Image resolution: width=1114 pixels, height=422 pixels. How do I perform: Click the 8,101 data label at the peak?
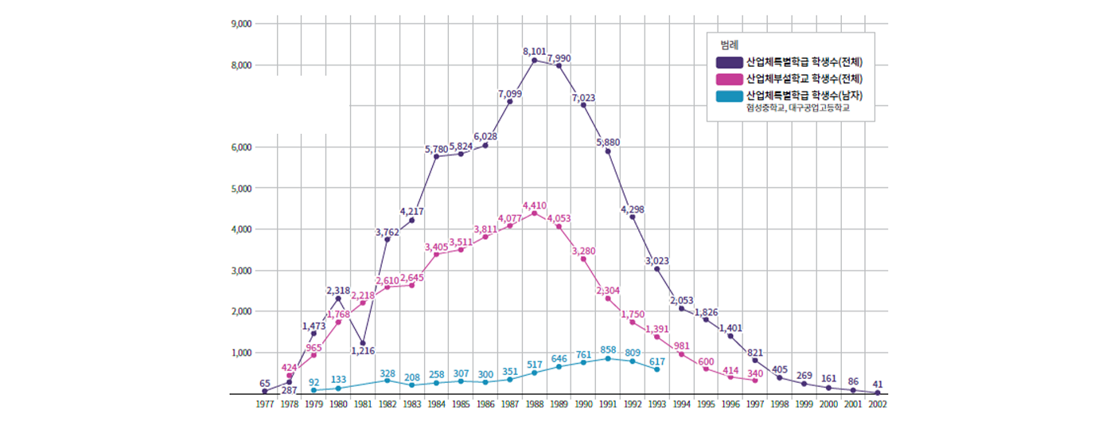pyautogui.click(x=534, y=51)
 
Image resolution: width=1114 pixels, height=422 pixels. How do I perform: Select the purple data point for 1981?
pyautogui.click(x=363, y=343)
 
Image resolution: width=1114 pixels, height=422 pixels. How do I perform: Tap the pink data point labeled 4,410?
pyautogui.click(x=535, y=213)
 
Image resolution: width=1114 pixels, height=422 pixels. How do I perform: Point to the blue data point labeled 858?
pyautogui.click(x=608, y=358)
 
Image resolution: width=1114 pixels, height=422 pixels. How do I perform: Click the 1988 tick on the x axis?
pyautogui.click(x=535, y=404)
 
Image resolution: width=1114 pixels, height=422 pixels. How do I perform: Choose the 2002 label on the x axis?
pyautogui.click(x=877, y=404)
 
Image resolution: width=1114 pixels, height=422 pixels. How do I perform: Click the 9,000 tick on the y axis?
pyautogui.click(x=241, y=24)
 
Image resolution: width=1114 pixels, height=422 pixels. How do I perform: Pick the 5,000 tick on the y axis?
pyautogui.click(x=241, y=189)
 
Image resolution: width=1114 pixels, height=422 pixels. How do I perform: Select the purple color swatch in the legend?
pyautogui.click(x=730, y=62)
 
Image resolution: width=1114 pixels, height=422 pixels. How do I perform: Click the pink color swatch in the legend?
pyautogui.click(x=730, y=79)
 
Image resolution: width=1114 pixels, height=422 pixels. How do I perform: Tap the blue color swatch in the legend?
pyautogui.click(x=730, y=96)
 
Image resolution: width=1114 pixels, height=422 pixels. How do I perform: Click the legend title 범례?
pyautogui.click(x=729, y=45)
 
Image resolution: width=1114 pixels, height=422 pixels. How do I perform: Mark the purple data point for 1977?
pyautogui.click(x=264, y=392)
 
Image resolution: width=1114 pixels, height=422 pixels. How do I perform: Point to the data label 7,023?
pyautogui.click(x=583, y=98)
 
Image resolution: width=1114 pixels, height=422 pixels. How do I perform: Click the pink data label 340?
pyautogui.click(x=755, y=373)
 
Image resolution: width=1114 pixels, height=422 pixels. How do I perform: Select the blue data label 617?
pyautogui.click(x=657, y=361)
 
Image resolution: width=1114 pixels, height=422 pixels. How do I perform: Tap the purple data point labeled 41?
pyautogui.click(x=877, y=393)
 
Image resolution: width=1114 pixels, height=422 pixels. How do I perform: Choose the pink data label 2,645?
pyautogui.click(x=412, y=278)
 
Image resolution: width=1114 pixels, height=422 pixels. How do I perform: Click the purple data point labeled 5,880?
pyautogui.click(x=608, y=151)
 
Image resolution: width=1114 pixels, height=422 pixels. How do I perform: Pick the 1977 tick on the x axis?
pyautogui.click(x=264, y=404)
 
